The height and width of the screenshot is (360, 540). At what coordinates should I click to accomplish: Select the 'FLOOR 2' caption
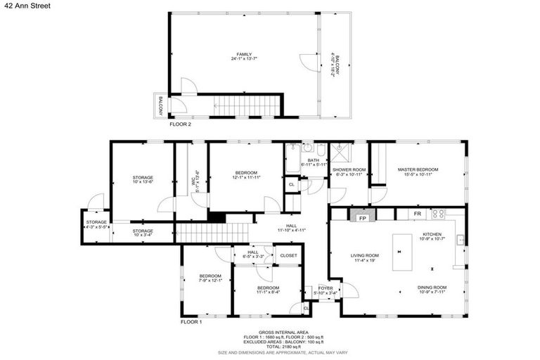180,124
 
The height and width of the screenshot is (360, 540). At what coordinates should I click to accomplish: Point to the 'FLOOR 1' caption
191,321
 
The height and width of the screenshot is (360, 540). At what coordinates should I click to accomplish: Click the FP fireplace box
363,218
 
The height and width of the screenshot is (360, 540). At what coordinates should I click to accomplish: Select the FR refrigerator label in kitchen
417,213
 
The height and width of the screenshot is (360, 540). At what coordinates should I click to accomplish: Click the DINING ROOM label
432,289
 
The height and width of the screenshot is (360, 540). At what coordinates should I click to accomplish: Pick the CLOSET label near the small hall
288,255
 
